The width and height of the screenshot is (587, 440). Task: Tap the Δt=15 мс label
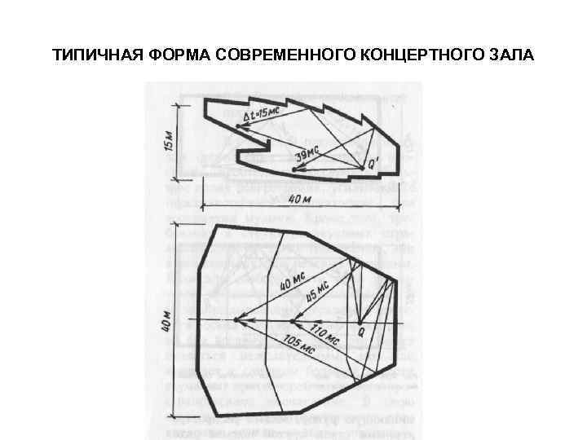point(266,116)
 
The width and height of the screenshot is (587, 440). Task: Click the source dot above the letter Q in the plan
point(359,319)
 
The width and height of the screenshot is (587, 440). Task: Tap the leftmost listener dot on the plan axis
point(236,319)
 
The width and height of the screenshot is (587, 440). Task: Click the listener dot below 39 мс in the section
point(294,169)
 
